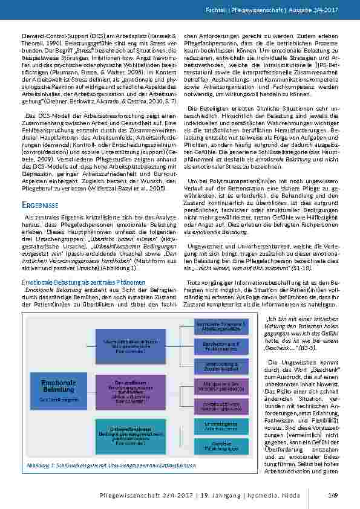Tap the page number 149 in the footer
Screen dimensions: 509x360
[332, 498]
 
